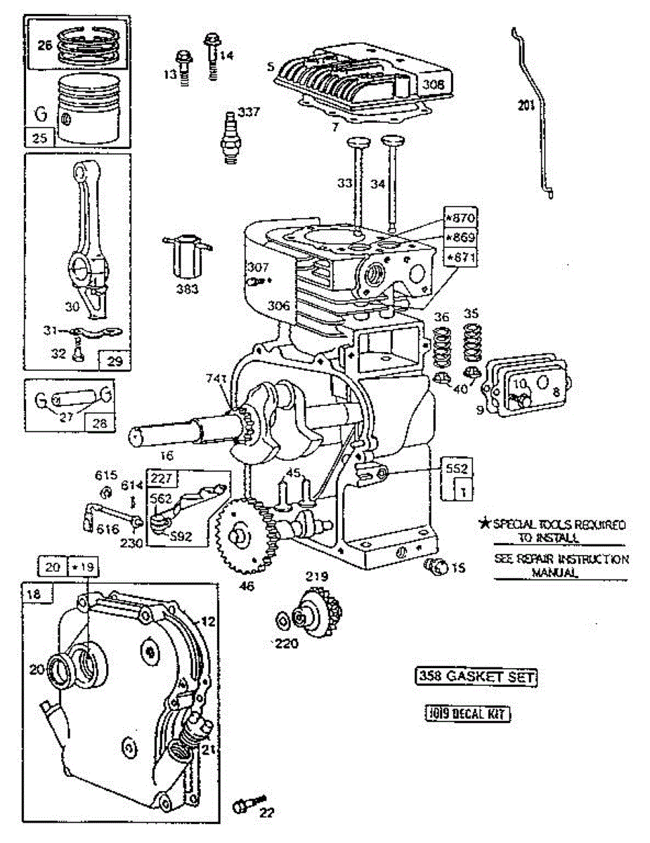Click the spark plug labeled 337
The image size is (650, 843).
click(x=229, y=137)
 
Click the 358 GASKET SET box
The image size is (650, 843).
click(x=476, y=677)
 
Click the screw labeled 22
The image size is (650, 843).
click(x=247, y=802)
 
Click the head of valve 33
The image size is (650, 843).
click(x=356, y=144)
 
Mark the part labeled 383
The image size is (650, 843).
click(x=187, y=258)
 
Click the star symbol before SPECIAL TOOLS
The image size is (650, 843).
click(x=483, y=524)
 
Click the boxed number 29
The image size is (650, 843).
click(x=115, y=360)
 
